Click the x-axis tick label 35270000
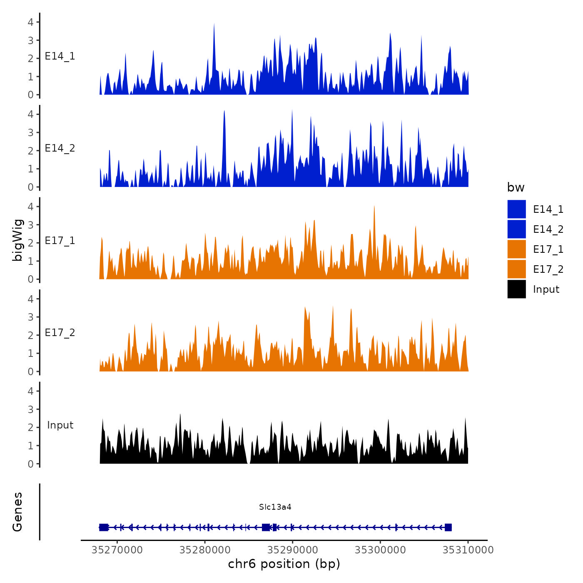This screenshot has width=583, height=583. click(x=117, y=550)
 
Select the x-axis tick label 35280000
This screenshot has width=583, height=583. click(x=205, y=550)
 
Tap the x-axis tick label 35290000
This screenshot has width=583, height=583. click(x=293, y=550)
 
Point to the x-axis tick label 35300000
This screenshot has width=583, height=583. click(x=380, y=550)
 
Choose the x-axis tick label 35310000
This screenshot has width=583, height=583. click(x=468, y=550)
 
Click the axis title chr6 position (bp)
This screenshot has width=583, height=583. click(x=284, y=564)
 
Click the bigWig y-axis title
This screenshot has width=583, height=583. click(x=17, y=240)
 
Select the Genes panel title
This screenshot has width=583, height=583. click(x=17, y=512)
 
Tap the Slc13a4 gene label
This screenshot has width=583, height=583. click(x=275, y=507)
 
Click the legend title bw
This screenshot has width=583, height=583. click(x=516, y=187)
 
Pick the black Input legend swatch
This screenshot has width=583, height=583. click(x=516, y=289)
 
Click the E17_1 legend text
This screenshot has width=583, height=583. click(x=548, y=249)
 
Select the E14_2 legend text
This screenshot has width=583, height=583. click(x=548, y=229)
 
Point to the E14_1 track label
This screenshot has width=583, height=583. click(x=60, y=56)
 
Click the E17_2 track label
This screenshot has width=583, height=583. click(x=60, y=332)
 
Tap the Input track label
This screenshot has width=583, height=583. click(x=60, y=425)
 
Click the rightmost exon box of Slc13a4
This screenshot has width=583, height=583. click(x=448, y=528)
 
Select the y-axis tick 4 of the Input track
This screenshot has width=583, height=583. click(x=30, y=391)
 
